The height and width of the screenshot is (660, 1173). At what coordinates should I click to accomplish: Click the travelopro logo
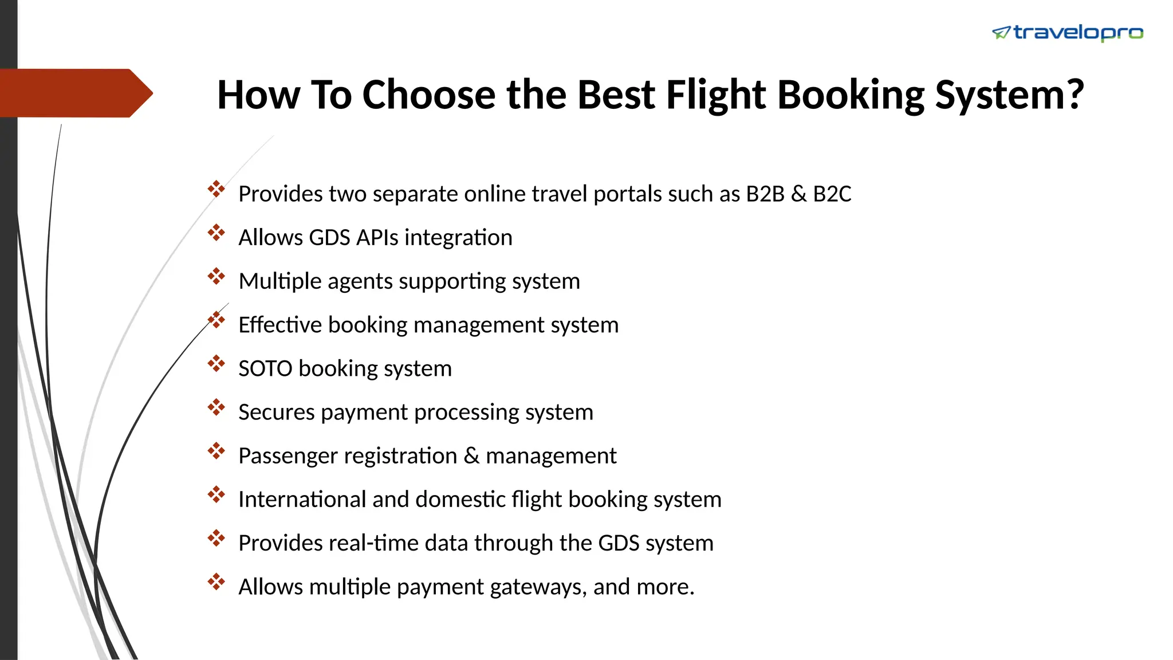[1068, 33]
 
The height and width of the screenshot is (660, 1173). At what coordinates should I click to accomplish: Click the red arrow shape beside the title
[74, 93]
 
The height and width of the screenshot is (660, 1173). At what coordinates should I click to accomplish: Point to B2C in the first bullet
[832, 194]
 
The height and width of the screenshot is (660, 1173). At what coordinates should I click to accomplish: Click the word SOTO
[265, 368]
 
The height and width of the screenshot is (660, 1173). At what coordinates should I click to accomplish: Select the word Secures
[276, 412]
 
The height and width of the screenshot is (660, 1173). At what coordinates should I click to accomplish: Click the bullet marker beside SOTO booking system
[216, 363]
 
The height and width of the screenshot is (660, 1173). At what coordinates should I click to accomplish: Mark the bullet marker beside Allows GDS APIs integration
[216, 233]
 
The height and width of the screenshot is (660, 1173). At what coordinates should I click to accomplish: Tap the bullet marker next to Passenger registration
[216, 451]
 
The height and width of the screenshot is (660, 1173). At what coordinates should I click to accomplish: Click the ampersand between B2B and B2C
[798, 194]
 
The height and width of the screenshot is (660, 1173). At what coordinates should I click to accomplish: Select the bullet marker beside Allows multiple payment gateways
[216, 582]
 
